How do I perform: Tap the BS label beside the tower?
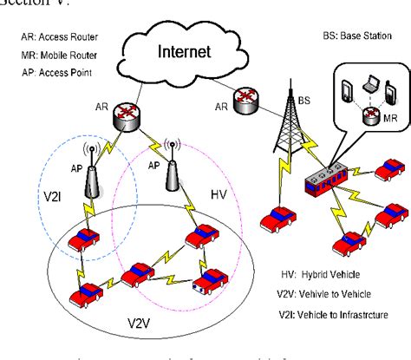coord(303,101)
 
